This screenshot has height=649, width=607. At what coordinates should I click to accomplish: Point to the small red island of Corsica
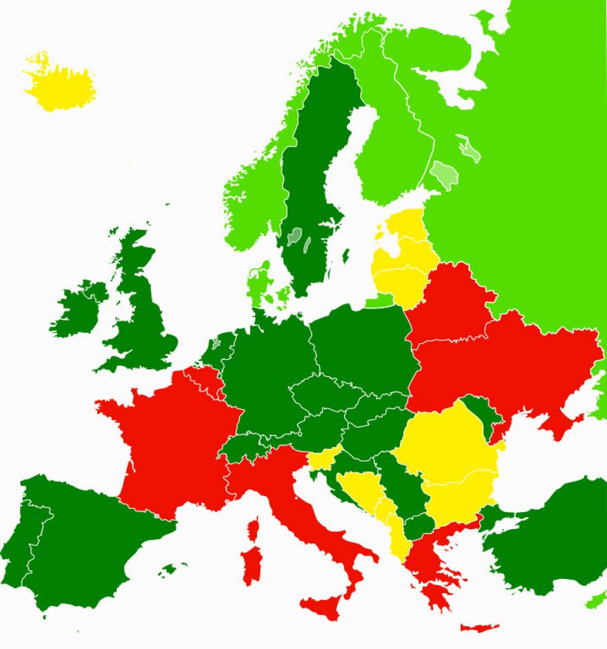[x=254, y=528]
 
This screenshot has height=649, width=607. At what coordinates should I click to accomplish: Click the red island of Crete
[x=479, y=627]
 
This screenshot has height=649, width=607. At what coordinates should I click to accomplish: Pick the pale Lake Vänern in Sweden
[x=294, y=236]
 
